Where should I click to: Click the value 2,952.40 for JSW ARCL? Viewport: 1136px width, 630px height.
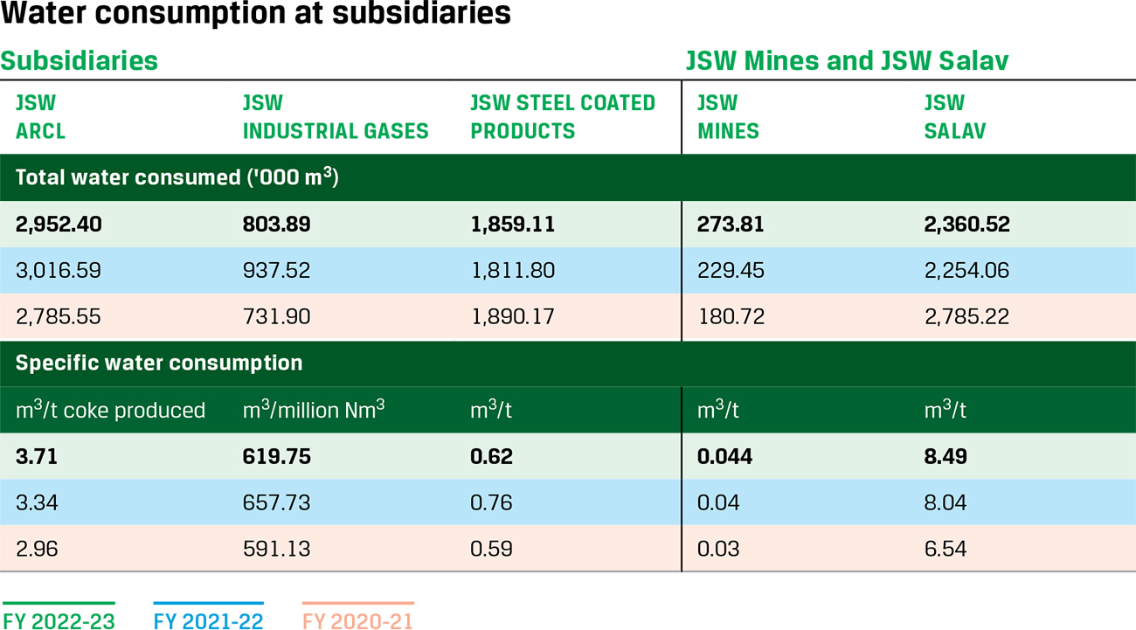pyautogui.click(x=59, y=225)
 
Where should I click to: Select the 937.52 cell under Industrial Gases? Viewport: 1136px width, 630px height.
pyautogui.click(x=276, y=270)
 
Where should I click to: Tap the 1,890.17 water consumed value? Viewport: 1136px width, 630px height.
pyautogui.click(x=512, y=315)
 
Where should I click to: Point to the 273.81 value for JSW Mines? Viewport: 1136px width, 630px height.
pyautogui.click(x=731, y=225)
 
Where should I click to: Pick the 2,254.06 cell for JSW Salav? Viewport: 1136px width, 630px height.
pyautogui.click(x=966, y=270)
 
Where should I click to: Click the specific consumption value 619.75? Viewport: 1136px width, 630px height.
pyautogui.click(x=276, y=457)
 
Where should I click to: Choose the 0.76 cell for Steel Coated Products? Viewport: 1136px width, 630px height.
pyautogui.click(x=491, y=502)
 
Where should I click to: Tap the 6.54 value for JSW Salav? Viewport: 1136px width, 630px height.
pyautogui.click(x=946, y=549)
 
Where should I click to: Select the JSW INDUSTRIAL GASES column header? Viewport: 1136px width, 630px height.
pyautogui.click(x=336, y=117)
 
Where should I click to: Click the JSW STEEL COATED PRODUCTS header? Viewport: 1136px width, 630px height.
pyautogui.click(x=563, y=117)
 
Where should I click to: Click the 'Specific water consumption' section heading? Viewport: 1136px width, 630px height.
pyautogui.click(x=159, y=363)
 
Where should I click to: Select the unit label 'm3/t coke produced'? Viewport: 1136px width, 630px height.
pyautogui.click(x=110, y=410)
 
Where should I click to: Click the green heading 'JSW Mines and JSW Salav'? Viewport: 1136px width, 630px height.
pyautogui.click(x=847, y=60)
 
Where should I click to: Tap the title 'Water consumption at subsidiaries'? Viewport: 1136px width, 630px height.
pyautogui.click(x=256, y=15)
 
